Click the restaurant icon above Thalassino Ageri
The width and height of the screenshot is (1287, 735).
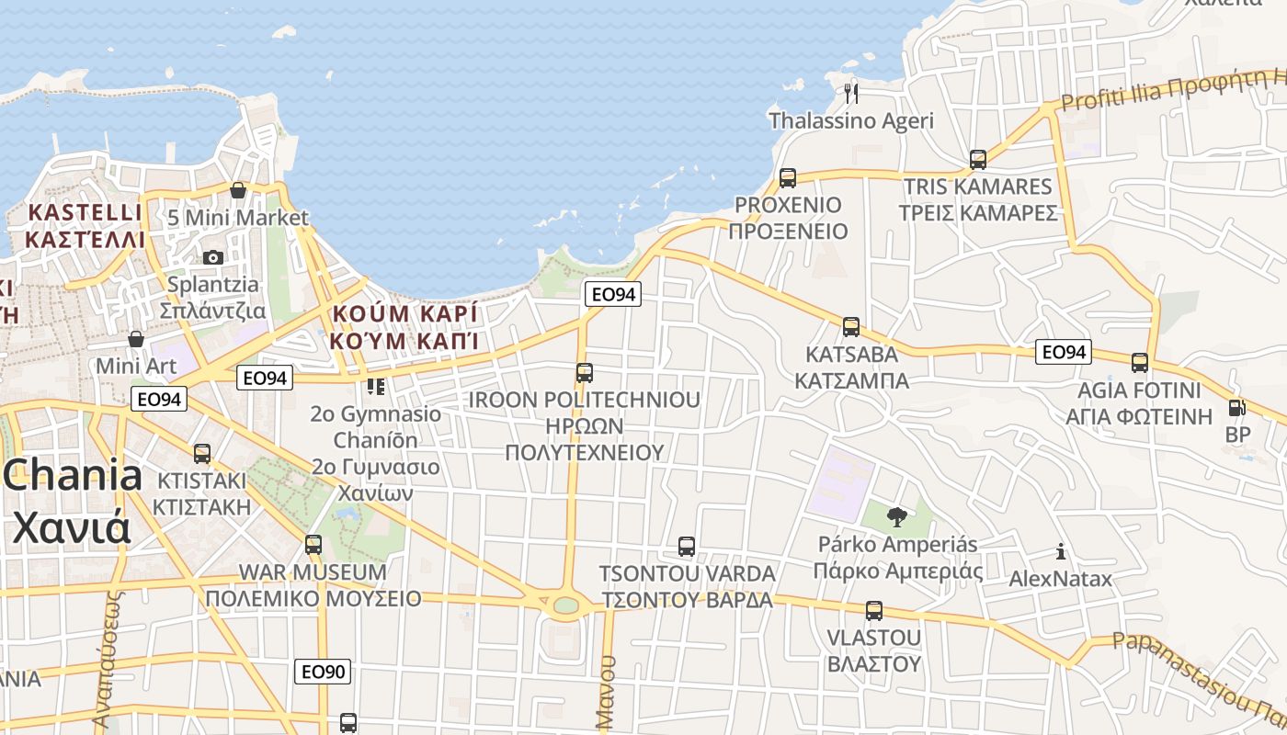pos(850,93)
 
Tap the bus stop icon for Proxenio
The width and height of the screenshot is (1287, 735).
pos(787,177)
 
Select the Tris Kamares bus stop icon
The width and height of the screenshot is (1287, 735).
pos(978,160)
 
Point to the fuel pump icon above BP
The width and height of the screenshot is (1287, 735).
pos(1236,408)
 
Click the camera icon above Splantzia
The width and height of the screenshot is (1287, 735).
pos(213,257)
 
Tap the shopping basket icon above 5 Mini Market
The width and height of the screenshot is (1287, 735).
pos(238,190)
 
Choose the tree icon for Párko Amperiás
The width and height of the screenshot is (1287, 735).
pos(896,517)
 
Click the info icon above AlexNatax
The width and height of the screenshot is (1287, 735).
pos(1061,551)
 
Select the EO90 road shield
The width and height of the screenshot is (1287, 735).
pos(323,672)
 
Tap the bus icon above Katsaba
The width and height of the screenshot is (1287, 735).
pos(851,326)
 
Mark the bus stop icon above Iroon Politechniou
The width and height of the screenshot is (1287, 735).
pos(585,373)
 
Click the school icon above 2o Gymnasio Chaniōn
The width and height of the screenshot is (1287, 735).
pos(375,387)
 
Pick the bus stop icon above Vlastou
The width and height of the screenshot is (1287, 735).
pos(873,610)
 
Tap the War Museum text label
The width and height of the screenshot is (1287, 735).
pos(313,572)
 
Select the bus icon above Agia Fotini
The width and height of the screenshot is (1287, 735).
pos(1140,363)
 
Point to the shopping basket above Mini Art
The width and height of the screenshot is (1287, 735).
pos(136,339)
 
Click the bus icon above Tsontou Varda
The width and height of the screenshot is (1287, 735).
pos(686,547)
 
